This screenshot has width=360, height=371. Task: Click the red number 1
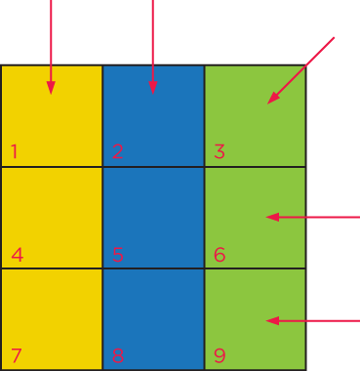15,151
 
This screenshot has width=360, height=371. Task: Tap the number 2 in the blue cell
117,151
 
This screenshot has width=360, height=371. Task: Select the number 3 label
220,151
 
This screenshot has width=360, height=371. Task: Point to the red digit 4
17,256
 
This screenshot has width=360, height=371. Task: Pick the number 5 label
117,256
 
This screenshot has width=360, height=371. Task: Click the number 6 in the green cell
220,256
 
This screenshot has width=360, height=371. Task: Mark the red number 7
16,355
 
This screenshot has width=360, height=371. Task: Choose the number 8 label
117,355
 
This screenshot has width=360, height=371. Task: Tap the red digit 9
220,355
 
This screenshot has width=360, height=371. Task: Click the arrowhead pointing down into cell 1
51,88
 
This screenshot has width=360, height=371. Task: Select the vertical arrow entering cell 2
152,49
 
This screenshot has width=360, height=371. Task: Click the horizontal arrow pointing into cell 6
312,217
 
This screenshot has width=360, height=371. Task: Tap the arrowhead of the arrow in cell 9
272,320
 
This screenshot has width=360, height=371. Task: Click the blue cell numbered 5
153,217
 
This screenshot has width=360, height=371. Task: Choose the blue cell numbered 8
153,318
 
